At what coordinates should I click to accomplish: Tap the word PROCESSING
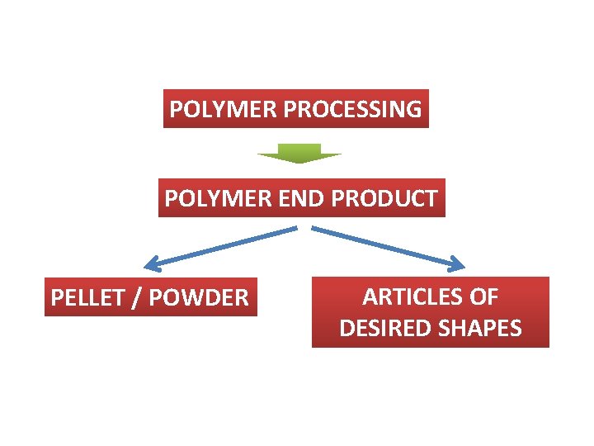coord(352,109)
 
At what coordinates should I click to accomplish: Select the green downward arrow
coord(298,153)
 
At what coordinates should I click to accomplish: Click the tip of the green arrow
coord(299,163)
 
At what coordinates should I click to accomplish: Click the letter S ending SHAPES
coord(516,328)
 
